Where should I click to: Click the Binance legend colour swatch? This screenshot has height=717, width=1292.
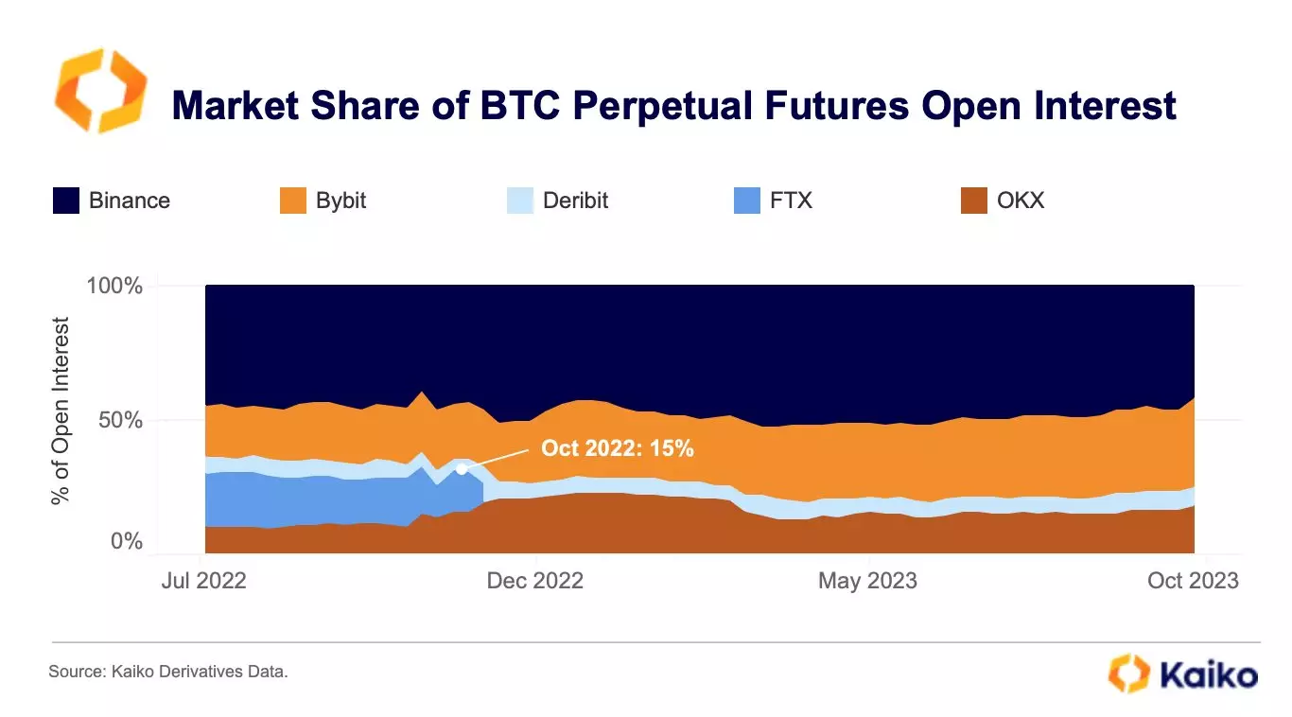pyautogui.click(x=66, y=201)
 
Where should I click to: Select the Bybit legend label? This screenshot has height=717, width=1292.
pyautogui.click(x=340, y=201)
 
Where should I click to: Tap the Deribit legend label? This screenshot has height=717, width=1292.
pyautogui.click(x=575, y=201)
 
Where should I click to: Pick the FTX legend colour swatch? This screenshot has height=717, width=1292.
pyautogui.click(x=747, y=201)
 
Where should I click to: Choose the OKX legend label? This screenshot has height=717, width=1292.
pyautogui.click(x=1021, y=201)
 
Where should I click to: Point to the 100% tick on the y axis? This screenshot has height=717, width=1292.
pyautogui.click(x=114, y=286)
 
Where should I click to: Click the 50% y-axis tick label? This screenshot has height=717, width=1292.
pyautogui.click(x=120, y=420)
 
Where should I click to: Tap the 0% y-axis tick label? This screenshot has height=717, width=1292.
pyautogui.click(x=126, y=542)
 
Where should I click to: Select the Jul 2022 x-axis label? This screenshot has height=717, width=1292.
pyautogui.click(x=203, y=580)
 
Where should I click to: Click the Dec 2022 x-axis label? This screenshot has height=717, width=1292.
pyautogui.click(x=535, y=580)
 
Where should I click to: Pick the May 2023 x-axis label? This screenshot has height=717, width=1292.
pyautogui.click(x=867, y=580)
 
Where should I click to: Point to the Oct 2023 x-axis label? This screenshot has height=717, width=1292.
pyautogui.click(x=1194, y=580)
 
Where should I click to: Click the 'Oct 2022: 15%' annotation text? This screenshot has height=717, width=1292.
pyautogui.click(x=618, y=448)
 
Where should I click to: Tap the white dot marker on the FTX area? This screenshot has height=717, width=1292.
pyautogui.click(x=462, y=469)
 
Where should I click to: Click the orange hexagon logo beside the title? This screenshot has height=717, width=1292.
pyautogui.click(x=100, y=92)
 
